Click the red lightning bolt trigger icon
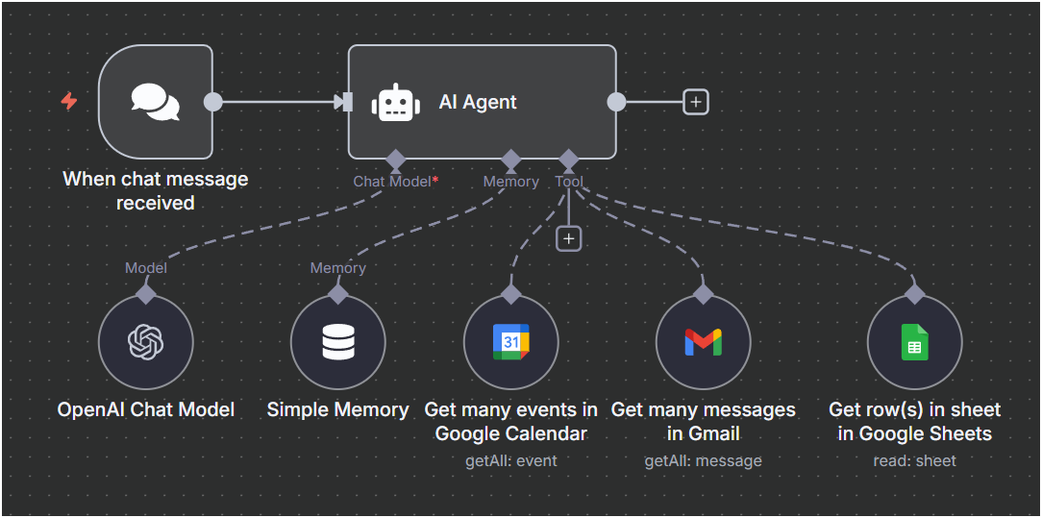[x=69, y=101]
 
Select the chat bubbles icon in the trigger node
[x=155, y=102]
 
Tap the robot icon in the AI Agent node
[x=395, y=102]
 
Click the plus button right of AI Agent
[x=696, y=102]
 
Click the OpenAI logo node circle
[x=146, y=342]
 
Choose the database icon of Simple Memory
[x=338, y=342]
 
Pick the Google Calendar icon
[x=511, y=342]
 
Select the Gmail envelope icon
[x=703, y=342]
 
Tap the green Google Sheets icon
[x=914, y=342]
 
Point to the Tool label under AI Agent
[x=569, y=181]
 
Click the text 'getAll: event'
[x=511, y=460]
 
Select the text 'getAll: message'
[x=703, y=460]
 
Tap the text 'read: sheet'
[x=914, y=460]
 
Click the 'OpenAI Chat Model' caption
[x=146, y=409]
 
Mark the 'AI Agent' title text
[x=478, y=102]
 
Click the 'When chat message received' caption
[x=156, y=190]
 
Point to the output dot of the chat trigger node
[x=213, y=102]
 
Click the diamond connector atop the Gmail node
[x=703, y=293]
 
